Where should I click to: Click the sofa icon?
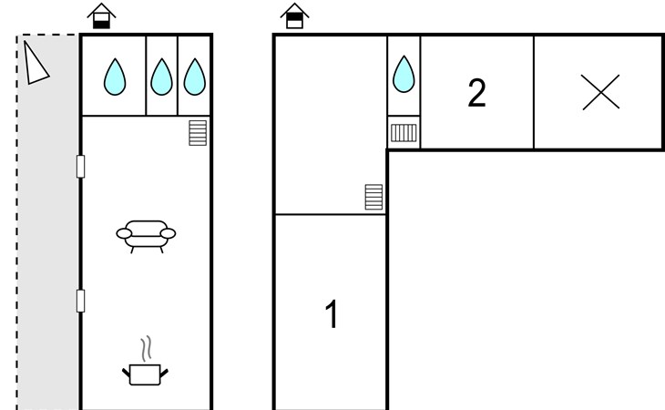pos(146,234)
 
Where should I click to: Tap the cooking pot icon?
pos(145,374)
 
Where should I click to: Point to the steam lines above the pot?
pos(145,350)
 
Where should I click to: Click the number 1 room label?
pos(332,315)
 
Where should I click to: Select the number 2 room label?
pos(476,93)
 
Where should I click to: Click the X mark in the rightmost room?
pos(599,93)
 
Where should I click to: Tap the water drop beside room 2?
pos(404,75)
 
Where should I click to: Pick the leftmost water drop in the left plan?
pos(114,77)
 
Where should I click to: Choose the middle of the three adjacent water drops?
pos(161,77)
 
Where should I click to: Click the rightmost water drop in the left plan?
pos(194,77)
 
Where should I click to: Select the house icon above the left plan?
pos(101,15)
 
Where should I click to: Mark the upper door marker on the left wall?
pos(80,166)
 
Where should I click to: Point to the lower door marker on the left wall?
pos(80,301)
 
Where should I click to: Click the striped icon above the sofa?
pos(198,133)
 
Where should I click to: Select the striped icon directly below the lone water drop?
pos(404,133)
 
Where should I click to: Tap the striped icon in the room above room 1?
pos(373,197)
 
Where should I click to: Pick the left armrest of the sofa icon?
pos(123,234)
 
